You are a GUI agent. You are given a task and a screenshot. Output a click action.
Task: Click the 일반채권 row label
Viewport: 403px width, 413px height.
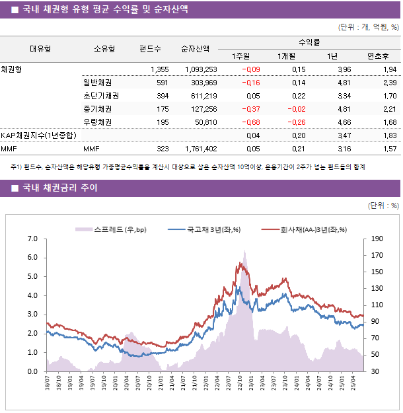[97, 83]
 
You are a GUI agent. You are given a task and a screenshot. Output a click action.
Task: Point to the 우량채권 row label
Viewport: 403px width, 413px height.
[97, 122]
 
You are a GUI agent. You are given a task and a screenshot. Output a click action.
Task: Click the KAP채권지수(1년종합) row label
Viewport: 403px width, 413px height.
[38, 135]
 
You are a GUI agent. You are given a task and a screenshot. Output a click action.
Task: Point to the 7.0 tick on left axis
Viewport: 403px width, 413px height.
[32, 239]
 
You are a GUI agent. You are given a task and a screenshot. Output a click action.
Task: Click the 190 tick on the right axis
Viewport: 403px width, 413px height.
[377, 239]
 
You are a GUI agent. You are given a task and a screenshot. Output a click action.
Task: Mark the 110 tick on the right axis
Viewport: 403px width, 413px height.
[377, 305]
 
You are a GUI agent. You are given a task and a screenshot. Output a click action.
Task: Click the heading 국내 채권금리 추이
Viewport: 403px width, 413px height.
[60, 188]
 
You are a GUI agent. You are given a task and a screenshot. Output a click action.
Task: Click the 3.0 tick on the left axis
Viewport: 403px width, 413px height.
[32, 315]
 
